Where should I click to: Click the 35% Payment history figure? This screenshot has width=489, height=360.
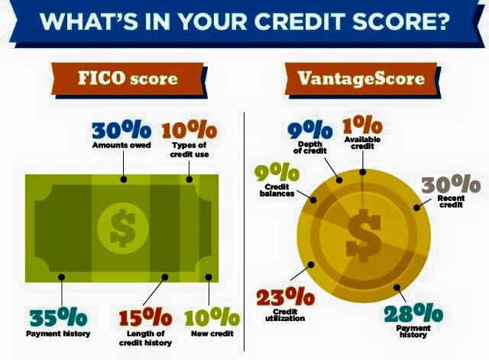coord(59,317)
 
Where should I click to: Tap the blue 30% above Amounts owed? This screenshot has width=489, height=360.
coord(121,131)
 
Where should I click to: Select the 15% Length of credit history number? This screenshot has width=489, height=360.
coord(146,317)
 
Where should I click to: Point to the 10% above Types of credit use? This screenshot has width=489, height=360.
coord(189,131)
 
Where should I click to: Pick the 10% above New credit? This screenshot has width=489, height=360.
coord(212,317)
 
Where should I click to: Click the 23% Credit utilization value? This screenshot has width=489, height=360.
coord(285,297)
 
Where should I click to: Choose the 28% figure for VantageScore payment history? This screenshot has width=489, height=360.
coord(413,313)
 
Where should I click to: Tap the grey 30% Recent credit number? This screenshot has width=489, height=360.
coord(451,184)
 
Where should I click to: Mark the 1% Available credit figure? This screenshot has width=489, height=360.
coord(362,125)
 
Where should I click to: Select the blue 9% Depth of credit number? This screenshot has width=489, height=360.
coord(309,131)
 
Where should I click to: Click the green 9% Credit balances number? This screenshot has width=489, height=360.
coord(277,174)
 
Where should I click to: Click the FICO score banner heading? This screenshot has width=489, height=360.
coord(128,78)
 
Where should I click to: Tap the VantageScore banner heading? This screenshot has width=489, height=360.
coord(361,78)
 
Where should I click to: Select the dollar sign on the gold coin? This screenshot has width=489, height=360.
coord(364,236)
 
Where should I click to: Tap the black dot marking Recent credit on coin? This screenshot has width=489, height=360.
coord(416,208)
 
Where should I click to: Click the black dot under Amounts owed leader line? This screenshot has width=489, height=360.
coord(124,180)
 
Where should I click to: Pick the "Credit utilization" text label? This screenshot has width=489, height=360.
coord(285,315)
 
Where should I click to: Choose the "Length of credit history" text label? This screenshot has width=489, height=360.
coord(146,339)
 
